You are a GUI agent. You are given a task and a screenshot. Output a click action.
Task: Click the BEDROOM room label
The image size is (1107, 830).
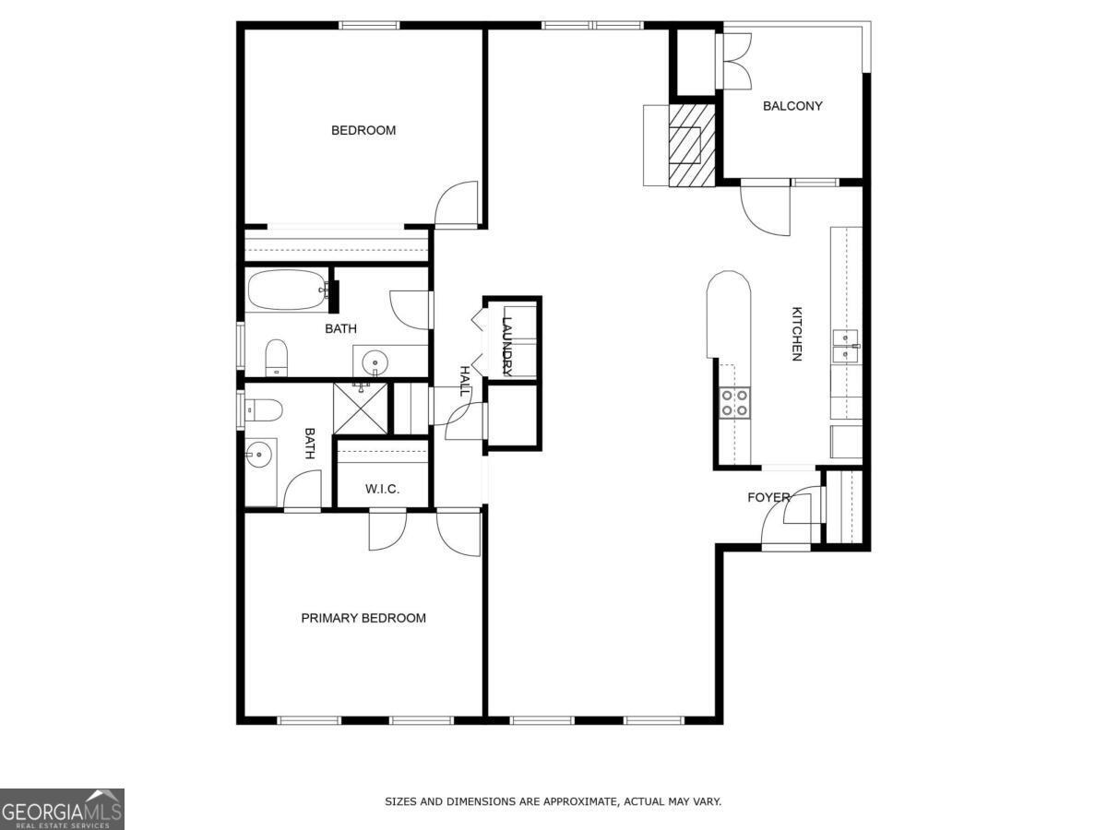tap(363, 130)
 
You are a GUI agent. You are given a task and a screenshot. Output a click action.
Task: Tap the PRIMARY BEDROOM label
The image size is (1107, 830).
tap(363, 618)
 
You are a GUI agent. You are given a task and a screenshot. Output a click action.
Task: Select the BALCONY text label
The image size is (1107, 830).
tap(792, 106)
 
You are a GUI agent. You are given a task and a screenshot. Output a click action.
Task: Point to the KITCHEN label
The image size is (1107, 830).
tap(796, 334)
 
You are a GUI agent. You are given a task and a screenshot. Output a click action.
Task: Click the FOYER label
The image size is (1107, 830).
tap(768, 498)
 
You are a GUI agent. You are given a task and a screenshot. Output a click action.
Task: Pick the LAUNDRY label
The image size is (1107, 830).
tap(506, 345)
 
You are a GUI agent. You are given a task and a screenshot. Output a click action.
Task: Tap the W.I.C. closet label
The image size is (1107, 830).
tap(382, 489)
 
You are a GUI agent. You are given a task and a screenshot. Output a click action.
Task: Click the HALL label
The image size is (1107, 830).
tap(465, 381)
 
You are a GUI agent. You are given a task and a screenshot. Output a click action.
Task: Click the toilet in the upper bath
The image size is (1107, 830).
tap(277, 358)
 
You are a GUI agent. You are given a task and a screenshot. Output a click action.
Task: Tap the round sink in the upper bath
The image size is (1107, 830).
tap(375, 360)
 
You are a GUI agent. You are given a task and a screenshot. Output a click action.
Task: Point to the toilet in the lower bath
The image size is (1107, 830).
tap(262, 409)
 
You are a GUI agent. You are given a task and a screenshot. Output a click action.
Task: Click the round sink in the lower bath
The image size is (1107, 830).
tap(259, 454)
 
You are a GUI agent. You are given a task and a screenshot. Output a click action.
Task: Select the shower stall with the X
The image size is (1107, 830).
tap(359, 407)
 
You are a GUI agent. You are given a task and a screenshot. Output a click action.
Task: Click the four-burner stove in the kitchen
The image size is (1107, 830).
tap(735, 403)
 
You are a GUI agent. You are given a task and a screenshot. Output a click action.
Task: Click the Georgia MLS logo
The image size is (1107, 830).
tap(62, 809)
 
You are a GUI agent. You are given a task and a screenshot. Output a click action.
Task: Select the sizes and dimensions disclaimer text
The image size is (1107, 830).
tap(553, 802)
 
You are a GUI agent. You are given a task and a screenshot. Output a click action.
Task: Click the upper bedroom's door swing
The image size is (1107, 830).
tap(458, 205)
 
